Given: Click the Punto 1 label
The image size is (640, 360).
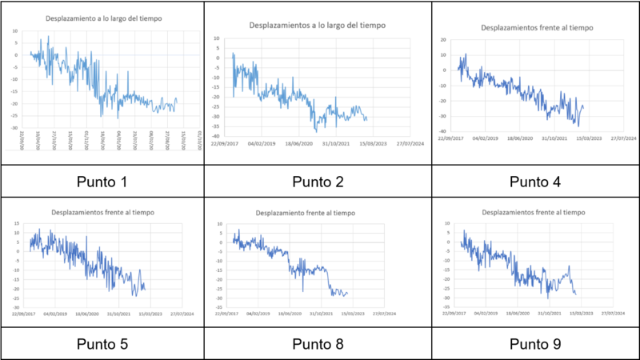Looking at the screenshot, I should [102, 182].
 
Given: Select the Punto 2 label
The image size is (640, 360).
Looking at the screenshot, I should [318, 182].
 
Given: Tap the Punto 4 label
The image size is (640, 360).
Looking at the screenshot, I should [535, 182].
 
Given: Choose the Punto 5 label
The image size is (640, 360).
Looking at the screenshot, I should [102, 344].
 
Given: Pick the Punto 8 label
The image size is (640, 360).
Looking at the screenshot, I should [318, 344].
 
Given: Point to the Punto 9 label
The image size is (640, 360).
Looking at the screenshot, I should [535, 344].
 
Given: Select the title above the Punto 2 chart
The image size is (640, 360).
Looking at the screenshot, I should [318, 26].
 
